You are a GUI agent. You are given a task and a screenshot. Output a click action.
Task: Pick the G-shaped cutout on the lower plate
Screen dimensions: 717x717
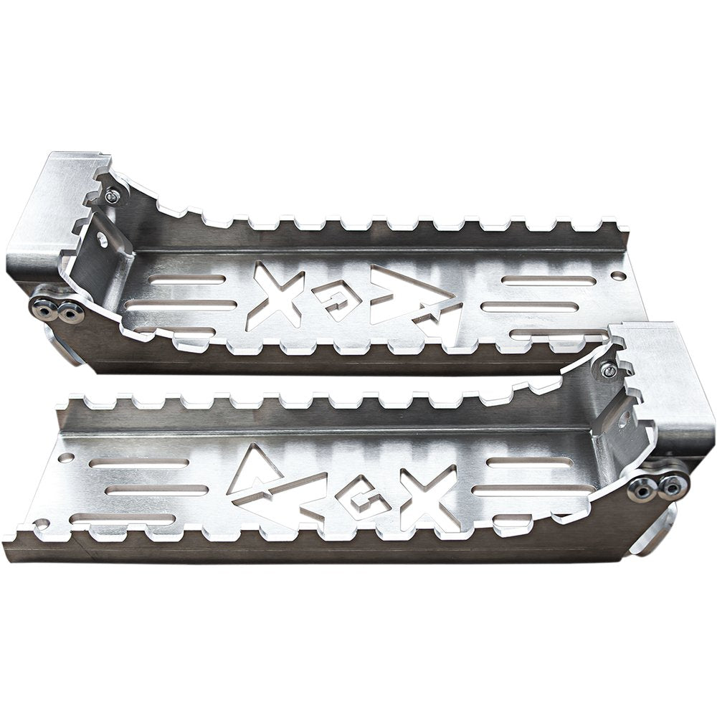[x=364, y=497]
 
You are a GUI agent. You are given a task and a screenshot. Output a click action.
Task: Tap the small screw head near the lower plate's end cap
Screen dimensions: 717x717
[x=607, y=370]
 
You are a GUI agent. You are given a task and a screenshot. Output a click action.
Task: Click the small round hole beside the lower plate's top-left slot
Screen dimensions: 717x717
[x=66, y=457]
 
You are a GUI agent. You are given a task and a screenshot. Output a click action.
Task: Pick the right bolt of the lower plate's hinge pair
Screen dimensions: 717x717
[x=673, y=487]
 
